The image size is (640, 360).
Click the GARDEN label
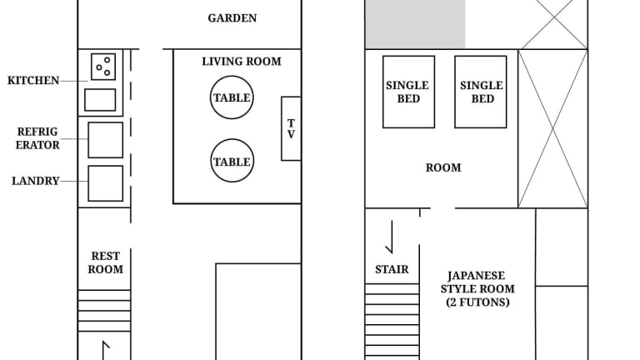click(x=232, y=18)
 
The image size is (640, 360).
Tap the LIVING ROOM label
click(x=242, y=61)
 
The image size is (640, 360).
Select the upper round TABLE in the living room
click(x=232, y=97)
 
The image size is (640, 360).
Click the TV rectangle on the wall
click(x=291, y=128)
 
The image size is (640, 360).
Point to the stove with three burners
click(x=103, y=67)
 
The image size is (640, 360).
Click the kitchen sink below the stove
click(x=100, y=100)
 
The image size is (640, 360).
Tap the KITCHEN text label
click(x=33, y=80)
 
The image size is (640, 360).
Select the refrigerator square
click(x=105, y=140)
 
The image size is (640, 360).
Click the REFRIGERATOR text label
click(x=37, y=138)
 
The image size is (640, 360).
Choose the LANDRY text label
click(x=36, y=181)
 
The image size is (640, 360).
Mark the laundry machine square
click(x=105, y=183)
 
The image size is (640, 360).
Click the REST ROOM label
click(x=105, y=262)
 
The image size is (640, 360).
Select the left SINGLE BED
click(x=408, y=92)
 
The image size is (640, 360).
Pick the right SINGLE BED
click(x=481, y=92)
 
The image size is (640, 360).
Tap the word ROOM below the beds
click(x=443, y=167)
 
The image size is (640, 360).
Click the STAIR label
click(x=392, y=269)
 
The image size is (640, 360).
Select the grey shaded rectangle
click(x=415, y=24)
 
